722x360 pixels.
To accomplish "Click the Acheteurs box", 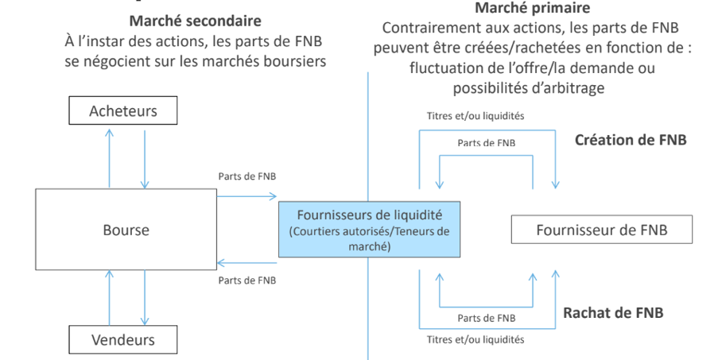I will pyautogui.click(x=123, y=110).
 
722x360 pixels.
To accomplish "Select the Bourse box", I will pyautogui.click(x=126, y=230).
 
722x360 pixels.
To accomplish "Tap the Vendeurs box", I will pyautogui.click(x=122, y=341).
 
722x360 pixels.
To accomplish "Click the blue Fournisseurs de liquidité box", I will pyautogui.click(x=368, y=230).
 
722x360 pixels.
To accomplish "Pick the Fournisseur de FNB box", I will pyautogui.click(x=602, y=230).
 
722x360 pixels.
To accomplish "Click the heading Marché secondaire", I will pyautogui.click(x=196, y=20).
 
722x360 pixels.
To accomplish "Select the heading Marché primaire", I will pyautogui.click(x=532, y=9).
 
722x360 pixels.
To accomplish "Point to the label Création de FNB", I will pyautogui.click(x=630, y=140).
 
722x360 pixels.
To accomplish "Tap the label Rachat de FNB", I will pyautogui.click(x=613, y=312).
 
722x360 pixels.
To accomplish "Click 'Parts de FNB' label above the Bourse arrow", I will pyautogui.click(x=246, y=176).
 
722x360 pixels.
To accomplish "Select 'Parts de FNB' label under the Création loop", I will pyautogui.click(x=486, y=142).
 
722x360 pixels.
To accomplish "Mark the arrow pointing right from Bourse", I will pyautogui.click(x=246, y=193).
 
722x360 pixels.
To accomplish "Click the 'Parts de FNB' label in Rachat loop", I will pyautogui.click(x=486, y=317).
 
